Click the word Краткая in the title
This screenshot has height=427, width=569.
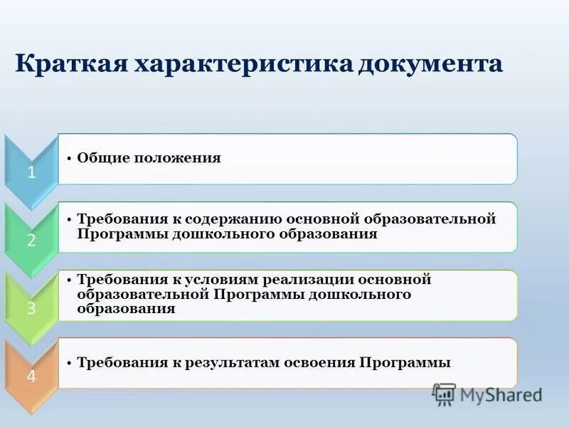pyautogui.click(x=68, y=64)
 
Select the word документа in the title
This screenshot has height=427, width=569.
pyautogui.click(x=431, y=64)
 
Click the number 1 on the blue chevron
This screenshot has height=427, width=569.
pyautogui.click(x=31, y=172)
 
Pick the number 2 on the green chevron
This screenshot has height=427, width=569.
pyautogui.click(x=31, y=240)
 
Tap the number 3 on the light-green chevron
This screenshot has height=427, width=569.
pyautogui.click(x=31, y=308)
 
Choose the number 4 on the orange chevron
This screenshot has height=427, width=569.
pyautogui.click(x=31, y=376)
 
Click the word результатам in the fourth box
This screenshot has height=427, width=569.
pyautogui.click(x=235, y=363)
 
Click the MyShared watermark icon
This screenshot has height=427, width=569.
pyautogui.click(x=444, y=394)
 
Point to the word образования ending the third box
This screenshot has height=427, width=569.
pyautogui.click(x=127, y=309)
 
